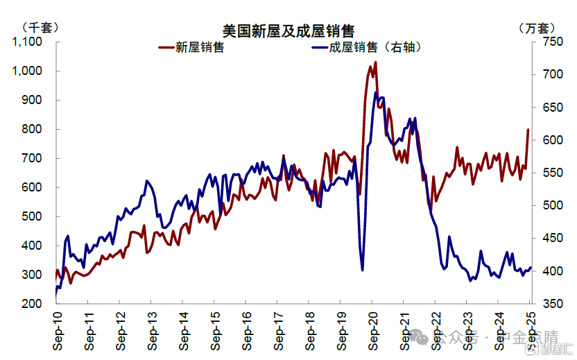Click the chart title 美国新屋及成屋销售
[x=288, y=31]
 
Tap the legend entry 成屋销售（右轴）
[x=375, y=47]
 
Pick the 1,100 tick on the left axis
[x=28, y=42]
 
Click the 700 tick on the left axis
[x=33, y=158]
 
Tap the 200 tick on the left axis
[x=33, y=304]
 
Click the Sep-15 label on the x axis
[x=215, y=329]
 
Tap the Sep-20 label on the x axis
[x=373, y=329]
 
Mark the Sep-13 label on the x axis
[x=152, y=329]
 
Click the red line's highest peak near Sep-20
[x=375, y=62]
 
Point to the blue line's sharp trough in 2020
[x=363, y=270]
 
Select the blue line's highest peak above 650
[x=376, y=92]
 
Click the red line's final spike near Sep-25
[x=528, y=130]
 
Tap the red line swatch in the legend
[x=166, y=47]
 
